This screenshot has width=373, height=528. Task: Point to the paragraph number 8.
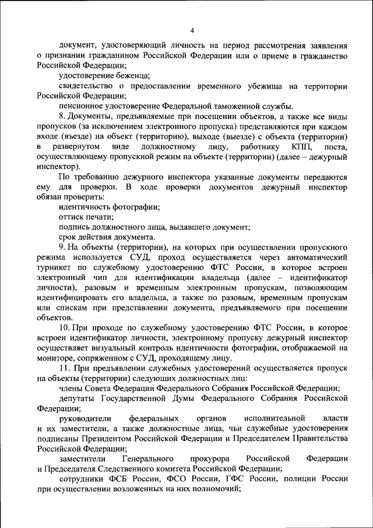62,117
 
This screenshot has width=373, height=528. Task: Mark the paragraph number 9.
62,247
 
